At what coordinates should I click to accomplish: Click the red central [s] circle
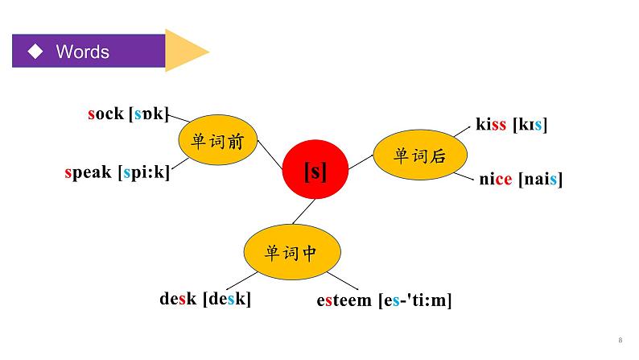click(315, 171)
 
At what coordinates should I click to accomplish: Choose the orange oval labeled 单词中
click(291, 251)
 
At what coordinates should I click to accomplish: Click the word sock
click(105, 114)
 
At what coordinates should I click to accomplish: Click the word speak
click(89, 172)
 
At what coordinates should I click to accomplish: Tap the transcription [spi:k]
click(143, 172)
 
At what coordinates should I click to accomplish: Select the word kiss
click(491, 124)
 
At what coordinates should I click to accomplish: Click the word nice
click(496, 179)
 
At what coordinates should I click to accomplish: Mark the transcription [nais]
click(539, 179)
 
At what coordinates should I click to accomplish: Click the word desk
click(178, 299)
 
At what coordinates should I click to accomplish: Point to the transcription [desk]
click(227, 299)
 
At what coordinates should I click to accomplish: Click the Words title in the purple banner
click(82, 52)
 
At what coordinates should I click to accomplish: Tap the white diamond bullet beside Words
click(35, 52)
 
